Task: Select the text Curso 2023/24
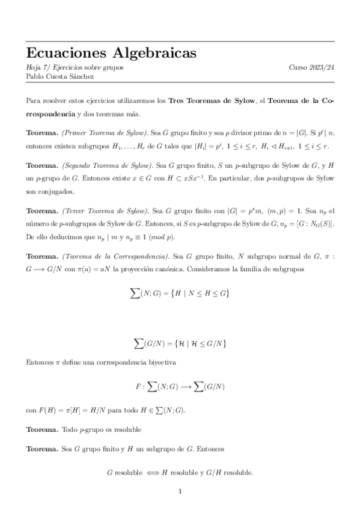click(311, 68)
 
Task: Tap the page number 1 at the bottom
click(180, 491)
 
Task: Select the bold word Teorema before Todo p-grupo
click(42, 430)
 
